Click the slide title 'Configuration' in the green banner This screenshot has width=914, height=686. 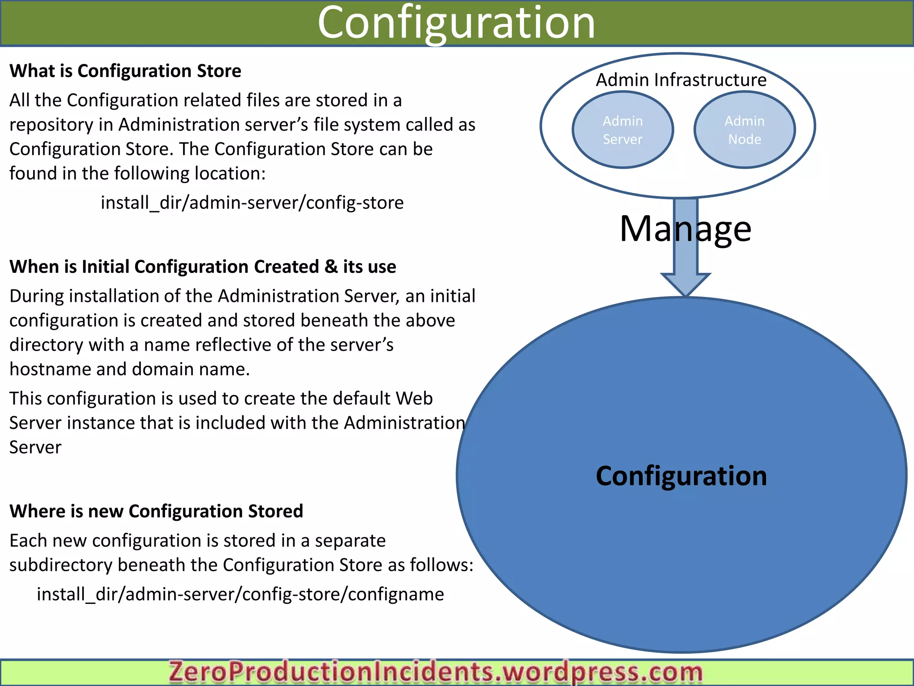(456, 23)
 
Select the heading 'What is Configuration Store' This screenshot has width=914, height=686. (125, 71)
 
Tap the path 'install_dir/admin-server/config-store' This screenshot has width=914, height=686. (252, 203)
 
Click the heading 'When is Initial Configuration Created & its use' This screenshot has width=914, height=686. (203, 267)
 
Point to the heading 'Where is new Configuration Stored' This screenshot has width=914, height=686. (156, 511)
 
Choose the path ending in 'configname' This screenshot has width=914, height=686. (240, 594)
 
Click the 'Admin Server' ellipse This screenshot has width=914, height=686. (623, 130)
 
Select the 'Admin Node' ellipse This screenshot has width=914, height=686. (744, 130)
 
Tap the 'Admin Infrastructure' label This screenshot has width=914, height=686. (681, 80)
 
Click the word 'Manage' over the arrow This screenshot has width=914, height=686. (685, 229)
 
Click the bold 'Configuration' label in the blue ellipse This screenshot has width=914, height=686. (681, 476)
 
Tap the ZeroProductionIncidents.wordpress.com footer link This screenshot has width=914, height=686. (435, 672)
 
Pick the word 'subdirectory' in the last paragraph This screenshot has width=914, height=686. (61, 565)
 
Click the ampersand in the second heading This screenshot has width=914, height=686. (331, 267)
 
